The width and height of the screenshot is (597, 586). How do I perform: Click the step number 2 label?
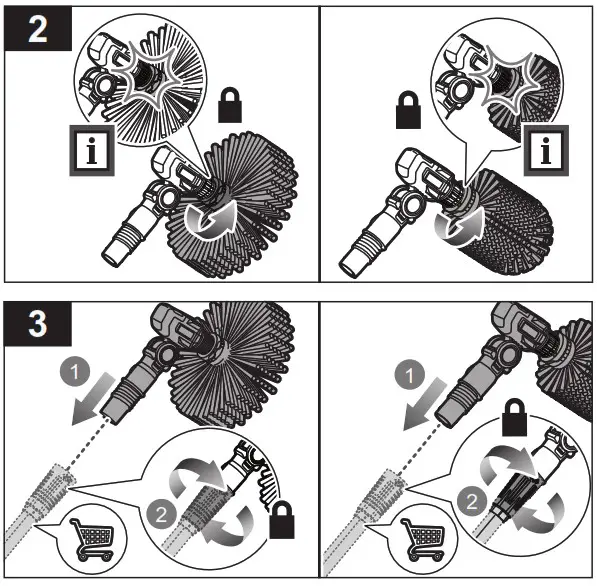tap(38, 29)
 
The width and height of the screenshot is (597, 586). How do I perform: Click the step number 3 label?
tap(38, 324)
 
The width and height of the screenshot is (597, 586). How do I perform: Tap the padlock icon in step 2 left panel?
tap(230, 105)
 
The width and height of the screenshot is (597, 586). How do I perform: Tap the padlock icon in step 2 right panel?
tap(408, 110)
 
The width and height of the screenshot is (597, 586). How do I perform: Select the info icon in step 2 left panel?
tap(92, 150)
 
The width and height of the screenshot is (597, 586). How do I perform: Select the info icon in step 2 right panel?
tap(546, 150)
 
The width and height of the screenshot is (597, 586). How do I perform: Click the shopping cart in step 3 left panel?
tap(92, 539)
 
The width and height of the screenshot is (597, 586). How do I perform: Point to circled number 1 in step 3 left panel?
tap(75, 371)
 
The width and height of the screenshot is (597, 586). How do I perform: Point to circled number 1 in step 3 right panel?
tap(409, 374)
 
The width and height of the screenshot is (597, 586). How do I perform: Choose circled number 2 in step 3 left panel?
tap(161, 514)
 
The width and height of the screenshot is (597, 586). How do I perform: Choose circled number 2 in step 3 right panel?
tap(472, 501)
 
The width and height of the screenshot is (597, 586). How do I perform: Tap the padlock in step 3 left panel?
tap(282, 520)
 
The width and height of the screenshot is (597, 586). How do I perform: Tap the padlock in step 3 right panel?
tap(514, 417)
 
